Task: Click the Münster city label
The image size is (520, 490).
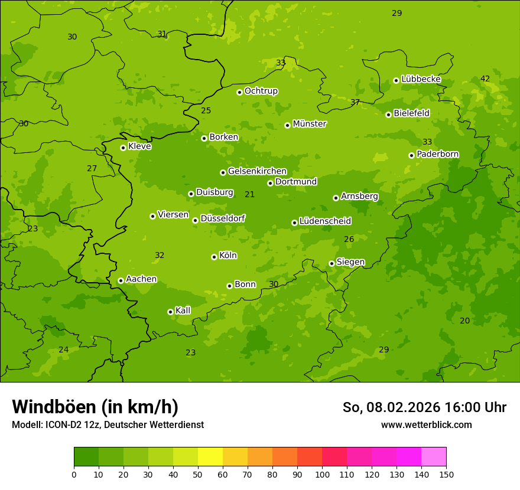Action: point(309,124)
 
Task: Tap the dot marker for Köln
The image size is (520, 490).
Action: point(214,257)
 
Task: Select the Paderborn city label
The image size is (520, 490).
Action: point(437,154)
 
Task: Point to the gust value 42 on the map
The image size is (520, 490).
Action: point(485,79)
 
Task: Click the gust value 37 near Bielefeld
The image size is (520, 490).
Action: point(355,102)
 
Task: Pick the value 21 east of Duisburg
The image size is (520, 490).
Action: point(250,194)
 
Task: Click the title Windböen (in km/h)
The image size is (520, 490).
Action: point(95,407)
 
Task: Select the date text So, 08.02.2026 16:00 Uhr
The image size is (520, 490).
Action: point(424,407)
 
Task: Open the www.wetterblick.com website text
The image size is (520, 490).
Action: point(426,424)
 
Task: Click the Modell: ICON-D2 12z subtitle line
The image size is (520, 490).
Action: point(108,424)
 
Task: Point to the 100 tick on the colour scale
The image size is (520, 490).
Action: point(322,474)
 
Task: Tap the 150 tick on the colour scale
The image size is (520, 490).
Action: point(446,474)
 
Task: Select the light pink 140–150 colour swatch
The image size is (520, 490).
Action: point(434,457)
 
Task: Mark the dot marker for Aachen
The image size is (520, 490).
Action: point(121,280)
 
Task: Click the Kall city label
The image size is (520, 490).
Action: point(183,311)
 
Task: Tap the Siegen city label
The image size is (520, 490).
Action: point(350,262)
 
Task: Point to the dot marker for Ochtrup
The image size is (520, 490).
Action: point(239,92)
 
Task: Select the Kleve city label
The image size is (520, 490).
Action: point(139,146)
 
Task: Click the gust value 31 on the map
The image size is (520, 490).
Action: point(162,34)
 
